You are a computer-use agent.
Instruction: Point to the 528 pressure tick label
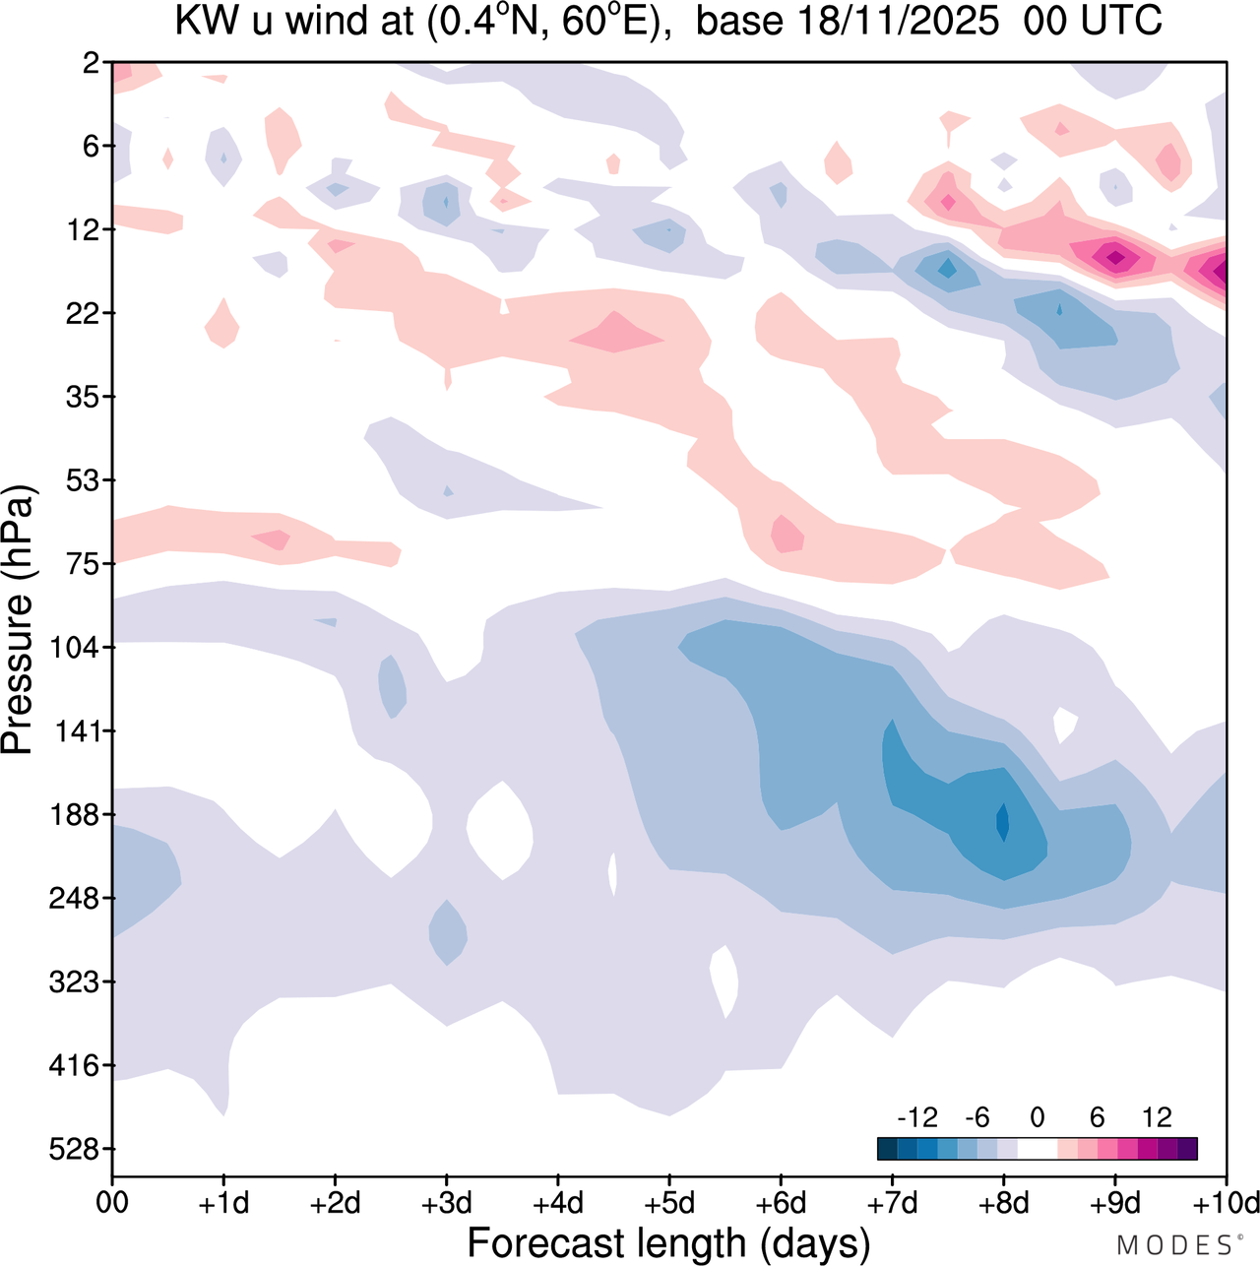pos(75,1149)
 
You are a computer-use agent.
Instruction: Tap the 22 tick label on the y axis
pos(83,313)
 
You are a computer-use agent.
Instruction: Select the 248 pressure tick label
pos(75,899)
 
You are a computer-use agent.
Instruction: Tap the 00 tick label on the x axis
pos(112,1203)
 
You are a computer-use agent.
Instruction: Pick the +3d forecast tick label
pos(446,1203)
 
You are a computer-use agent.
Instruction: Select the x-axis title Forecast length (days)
pos(668,1243)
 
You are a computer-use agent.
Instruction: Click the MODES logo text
pos(1174,1246)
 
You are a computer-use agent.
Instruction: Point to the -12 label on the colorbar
pos(916,1117)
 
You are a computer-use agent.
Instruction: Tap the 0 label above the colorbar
pos(1037,1117)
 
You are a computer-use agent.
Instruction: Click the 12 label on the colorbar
pos(1157,1117)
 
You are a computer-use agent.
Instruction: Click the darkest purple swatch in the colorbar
pos(1187,1149)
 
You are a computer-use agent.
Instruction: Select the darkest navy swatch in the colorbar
pos(887,1149)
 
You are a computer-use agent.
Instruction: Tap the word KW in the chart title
pos(208,21)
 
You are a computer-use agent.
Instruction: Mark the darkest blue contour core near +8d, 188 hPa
pos(1003,822)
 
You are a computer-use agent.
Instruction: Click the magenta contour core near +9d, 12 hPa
pos(1115,258)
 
